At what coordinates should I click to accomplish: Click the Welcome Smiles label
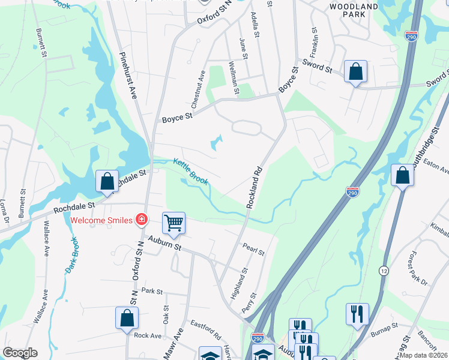click(x=101, y=220)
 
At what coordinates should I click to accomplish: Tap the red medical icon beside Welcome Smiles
click(x=142, y=220)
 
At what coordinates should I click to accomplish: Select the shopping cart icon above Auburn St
click(x=173, y=223)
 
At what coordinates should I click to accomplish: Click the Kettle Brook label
click(x=191, y=171)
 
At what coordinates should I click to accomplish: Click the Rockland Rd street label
click(x=255, y=187)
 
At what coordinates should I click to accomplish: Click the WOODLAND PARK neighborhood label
click(x=354, y=11)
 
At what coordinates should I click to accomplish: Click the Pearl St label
click(x=253, y=249)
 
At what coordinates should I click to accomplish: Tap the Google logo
click(x=20, y=353)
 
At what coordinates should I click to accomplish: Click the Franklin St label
click(x=313, y=38)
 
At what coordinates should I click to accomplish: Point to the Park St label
click(x=152, y=291)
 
